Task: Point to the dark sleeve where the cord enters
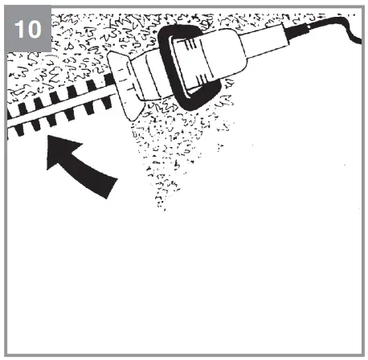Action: pyautogui.click(x=306, y=30)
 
